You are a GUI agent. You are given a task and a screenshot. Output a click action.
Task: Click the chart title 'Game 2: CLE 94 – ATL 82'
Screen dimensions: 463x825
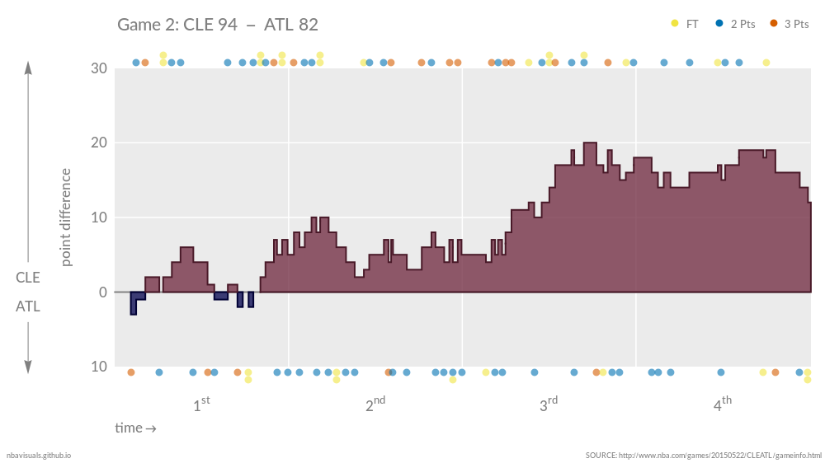pyautogui.click(x=218, y=25)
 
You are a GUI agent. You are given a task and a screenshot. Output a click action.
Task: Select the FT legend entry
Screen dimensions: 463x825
pyautogui.click(x=686, y=24)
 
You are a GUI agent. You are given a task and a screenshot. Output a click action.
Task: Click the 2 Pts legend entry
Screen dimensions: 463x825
pyautogui.click(x=737, y=24)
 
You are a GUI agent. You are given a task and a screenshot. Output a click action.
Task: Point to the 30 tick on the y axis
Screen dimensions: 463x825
pyautogui.click(x=98, y=68)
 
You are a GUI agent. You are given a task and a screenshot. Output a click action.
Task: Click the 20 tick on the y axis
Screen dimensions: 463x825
pyautogui.click(x=98, y=143)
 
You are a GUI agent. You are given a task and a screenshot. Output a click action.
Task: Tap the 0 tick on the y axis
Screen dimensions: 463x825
pyautogui.click(x=102, y=292)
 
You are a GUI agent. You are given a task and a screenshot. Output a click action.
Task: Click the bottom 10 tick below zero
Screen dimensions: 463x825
pyautogui.click(x=98, y=367)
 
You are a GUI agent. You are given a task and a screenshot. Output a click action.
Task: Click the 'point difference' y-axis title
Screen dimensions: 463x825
pyautogui.click(x=66, y=217)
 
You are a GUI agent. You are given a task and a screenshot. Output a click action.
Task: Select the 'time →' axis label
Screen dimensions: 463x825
pyautogui.click(x=135, y=428)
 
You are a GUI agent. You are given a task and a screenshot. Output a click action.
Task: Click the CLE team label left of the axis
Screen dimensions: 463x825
pyautogui.click(x=28, y=278)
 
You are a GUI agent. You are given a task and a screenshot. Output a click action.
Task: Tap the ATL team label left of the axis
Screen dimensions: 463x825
pyautogui.click(x=28, y=306)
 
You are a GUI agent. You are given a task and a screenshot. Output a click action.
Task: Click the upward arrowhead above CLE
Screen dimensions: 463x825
pyautogui.click(x=28, y=68)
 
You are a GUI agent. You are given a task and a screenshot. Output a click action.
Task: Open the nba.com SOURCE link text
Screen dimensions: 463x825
pyautogui.click(x=703, y=455)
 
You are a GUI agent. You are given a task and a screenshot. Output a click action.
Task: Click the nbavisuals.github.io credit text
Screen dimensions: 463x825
pyautogui.click(x=39, y=455)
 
